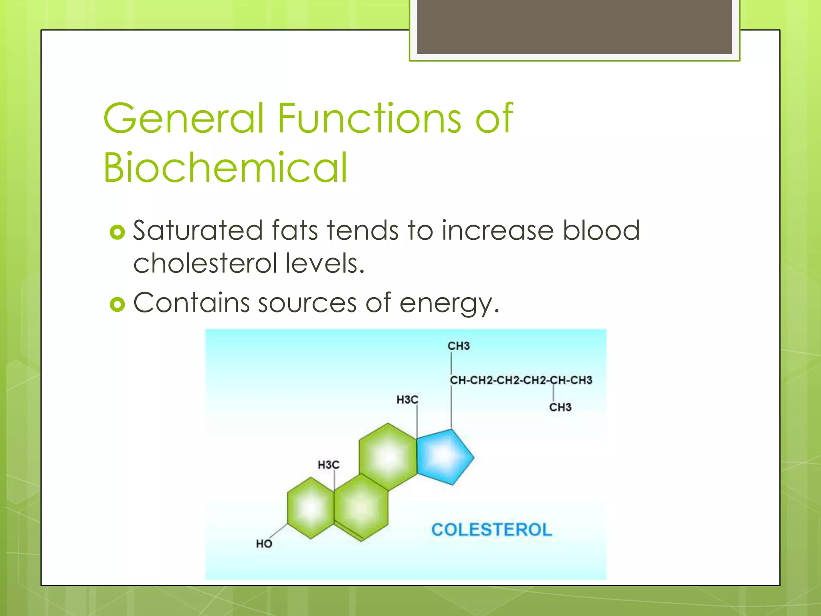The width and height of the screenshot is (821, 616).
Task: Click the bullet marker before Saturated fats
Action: [117, 232]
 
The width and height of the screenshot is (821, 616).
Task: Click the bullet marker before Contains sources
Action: [117, 305]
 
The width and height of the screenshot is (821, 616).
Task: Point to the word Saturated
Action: [198, 231]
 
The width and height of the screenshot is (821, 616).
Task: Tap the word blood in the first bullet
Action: [601, 231]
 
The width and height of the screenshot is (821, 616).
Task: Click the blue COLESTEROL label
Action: [491, 530]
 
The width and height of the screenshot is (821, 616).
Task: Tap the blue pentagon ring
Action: [443, 456]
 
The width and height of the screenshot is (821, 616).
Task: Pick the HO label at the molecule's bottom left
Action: [264, 544]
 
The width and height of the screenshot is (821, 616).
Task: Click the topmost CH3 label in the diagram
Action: [458, 346]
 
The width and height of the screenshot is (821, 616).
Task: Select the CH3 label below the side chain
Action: [560, 407]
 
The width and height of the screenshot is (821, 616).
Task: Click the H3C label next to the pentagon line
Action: [407, 399]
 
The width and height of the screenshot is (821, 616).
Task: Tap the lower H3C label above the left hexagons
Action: [328, 465]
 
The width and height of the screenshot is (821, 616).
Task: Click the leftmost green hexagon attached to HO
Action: [311, 508]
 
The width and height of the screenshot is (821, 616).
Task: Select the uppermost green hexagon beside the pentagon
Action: [388, 456]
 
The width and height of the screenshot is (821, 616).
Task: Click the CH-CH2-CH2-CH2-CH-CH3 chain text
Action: [521, 380]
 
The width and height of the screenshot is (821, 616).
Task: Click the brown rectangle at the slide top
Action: [574, 26]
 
